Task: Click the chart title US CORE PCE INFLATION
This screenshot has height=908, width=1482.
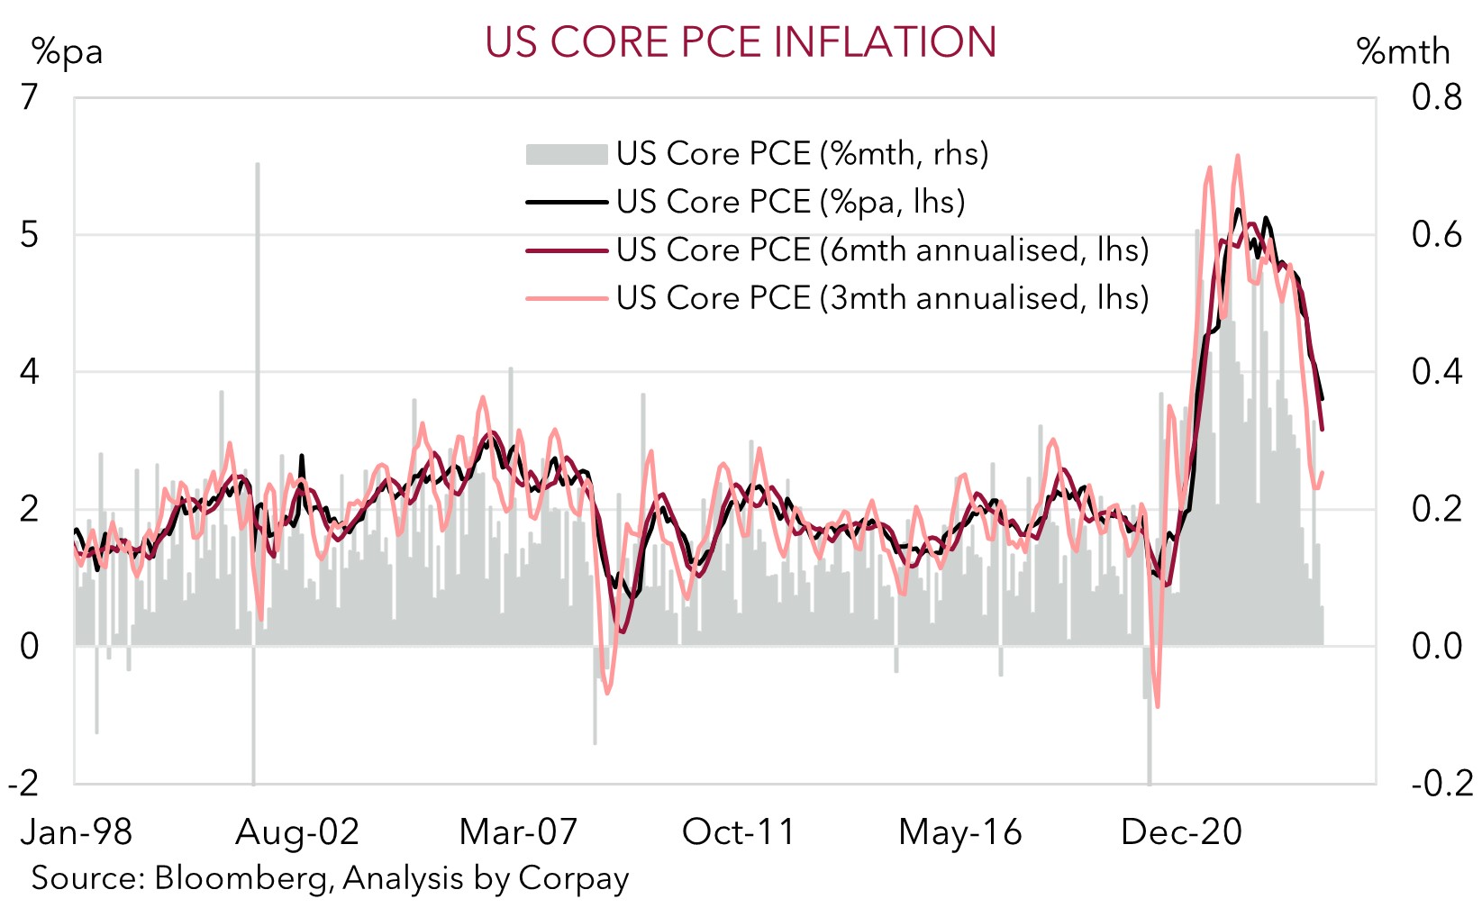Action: pyautogui.click(x=741, y=41)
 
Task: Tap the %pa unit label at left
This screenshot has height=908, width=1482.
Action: pyautogui.click(x=67, y=52)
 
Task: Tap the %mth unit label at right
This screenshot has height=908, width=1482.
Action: pyautogui.click(x=1403, y=52)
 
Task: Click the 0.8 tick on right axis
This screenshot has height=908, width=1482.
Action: pyautogui.click(x=1436, y=96)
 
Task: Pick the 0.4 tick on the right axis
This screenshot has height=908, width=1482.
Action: pyautogui.click(x=1436, y=371)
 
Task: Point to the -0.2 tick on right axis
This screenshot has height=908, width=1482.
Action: pyautogui.click(x=1441, y=783)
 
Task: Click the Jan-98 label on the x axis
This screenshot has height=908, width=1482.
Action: pyautogui.click(x=77, y=831)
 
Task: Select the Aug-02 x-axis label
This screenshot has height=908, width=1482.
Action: pyautogui.click(x=297, y=831)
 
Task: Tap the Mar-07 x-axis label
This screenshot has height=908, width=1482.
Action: pyautogui.click(x=518, y=831)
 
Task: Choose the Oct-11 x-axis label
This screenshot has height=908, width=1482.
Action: pyautogui.click(x=739, y=831)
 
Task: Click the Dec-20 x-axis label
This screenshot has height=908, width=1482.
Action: pyautogui.click(x=1181, y=831)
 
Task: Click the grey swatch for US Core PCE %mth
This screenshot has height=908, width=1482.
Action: pyautogui.click(x=566, y=154)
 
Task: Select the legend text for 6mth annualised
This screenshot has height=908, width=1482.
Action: pyautogui.click(x=882, y=250)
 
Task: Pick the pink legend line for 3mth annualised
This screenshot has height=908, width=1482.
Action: pyautogui.click(x=566, y=297)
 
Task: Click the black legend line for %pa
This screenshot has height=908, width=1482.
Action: pyautogui.click(x=566, y=202)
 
